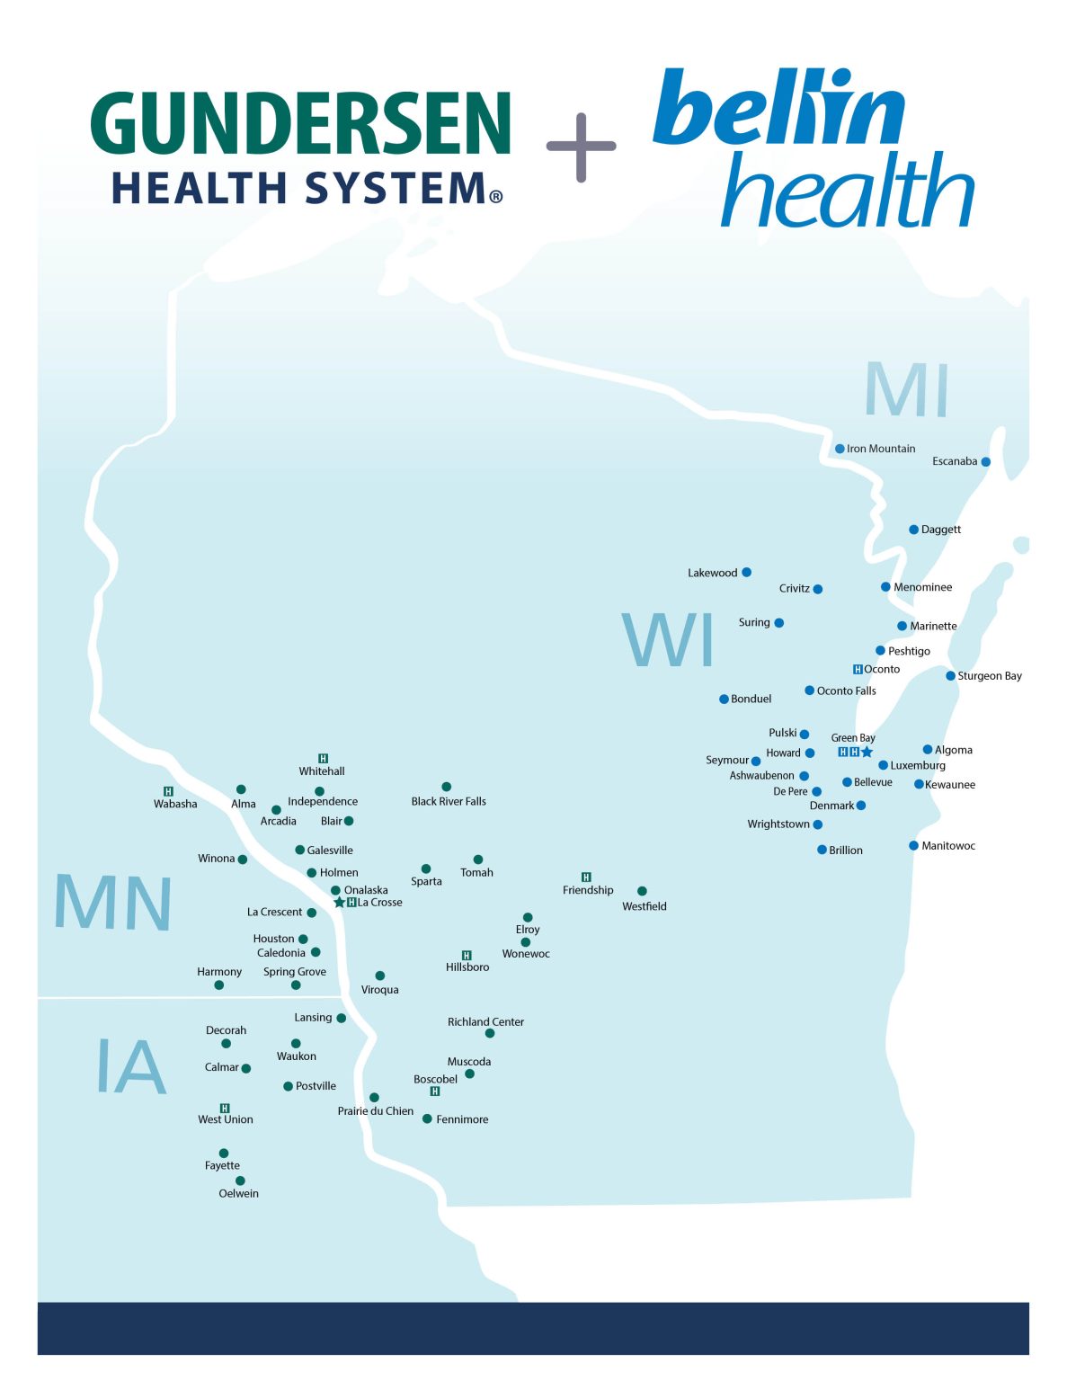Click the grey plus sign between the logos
coord(581,147)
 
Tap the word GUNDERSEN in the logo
coord(301,123)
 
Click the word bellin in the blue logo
coord(778,107)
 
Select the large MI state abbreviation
coord(906,390)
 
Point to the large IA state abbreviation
coord(131,1067)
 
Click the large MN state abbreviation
coord(113,903)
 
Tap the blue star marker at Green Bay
coord(867,752)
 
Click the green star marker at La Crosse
coord(339,903)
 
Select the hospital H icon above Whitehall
coord(323,759)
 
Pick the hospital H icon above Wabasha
coord(168,791)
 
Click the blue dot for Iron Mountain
coord(840,449)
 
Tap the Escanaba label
coord(954,461)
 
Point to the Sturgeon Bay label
coord(989,676)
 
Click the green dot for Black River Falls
coord(446,787)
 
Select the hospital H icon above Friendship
coord(586,877)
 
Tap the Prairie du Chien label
coord(375,1111)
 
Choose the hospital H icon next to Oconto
coord(858,669)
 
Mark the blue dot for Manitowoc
coord(913,845)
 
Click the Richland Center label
coord(485,1021)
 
